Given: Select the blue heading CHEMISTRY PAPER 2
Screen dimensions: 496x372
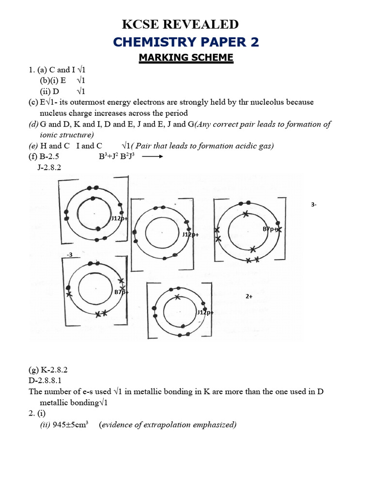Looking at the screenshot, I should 186,42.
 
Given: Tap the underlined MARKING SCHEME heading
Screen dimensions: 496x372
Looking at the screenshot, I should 186,58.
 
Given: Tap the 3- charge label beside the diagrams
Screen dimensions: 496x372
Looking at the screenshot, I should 314,205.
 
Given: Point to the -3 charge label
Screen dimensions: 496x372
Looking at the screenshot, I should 70,254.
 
